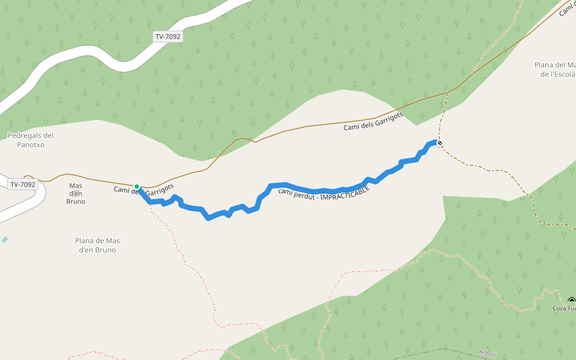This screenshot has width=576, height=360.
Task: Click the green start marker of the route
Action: point(137,187)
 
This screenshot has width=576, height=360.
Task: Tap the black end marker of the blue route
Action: point(440,143)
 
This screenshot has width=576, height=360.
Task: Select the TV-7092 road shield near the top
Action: point(168,37)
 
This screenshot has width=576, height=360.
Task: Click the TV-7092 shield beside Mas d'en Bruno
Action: point(23,184)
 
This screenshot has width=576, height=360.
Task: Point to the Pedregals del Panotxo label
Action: point(31,140)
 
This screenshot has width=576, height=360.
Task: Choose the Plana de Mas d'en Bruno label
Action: point(97,245)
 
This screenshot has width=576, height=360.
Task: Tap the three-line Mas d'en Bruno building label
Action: point(76,193)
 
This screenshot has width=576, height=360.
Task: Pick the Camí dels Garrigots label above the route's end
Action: point(373,121)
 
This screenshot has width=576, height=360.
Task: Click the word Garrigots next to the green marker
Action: point(161,191)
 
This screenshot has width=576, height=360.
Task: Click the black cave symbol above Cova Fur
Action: point(571,301)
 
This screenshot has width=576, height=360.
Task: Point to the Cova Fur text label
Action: point(564,309)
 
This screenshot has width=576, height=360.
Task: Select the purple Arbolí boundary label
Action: point(488,353)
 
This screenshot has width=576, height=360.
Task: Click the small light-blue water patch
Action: point(4,239)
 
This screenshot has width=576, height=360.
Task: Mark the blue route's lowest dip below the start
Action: point(208,217)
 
